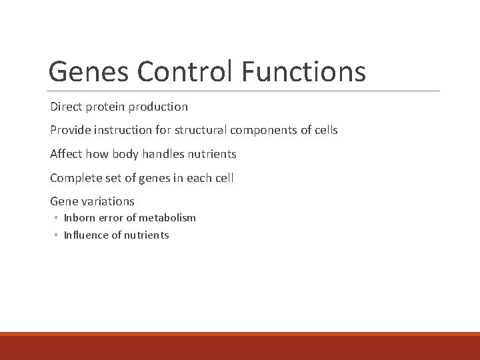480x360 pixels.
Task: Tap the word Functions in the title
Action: [x=304, y=71]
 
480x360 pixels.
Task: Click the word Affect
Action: [x=65, y=154]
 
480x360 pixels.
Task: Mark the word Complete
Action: [x=73, y=177]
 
